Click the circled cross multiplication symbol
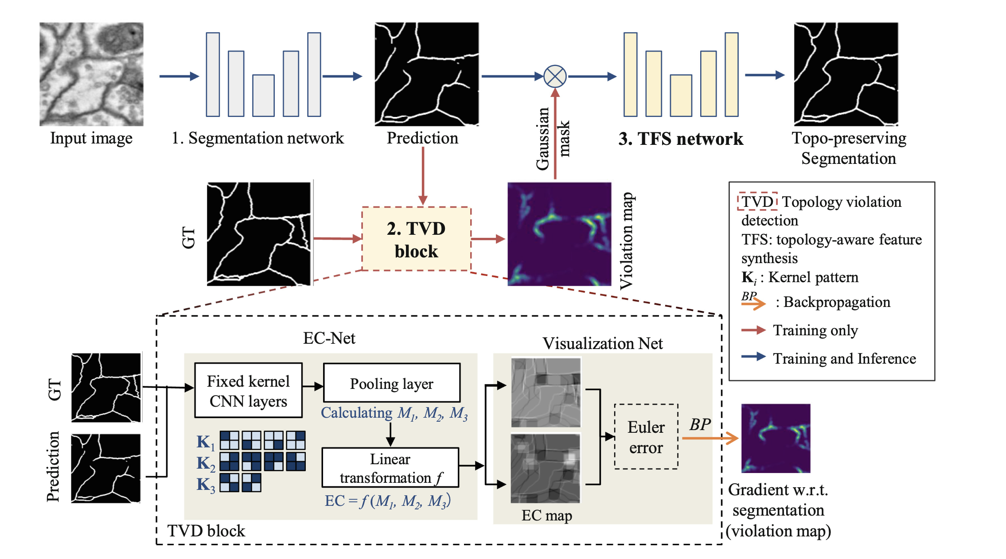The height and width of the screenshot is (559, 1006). pos(555,76)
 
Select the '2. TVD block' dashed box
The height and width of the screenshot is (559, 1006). pos(416,239)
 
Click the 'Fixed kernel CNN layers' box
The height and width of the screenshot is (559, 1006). pos(248,390)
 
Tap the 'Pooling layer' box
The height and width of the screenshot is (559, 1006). pos(392,383)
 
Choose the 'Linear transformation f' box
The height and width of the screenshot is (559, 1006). pos(390,468)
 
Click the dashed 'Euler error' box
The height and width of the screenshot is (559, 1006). pos(646,437)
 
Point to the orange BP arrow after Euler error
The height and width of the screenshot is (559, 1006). pos(709,438)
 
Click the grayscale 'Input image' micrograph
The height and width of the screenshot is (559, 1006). pos(91,74)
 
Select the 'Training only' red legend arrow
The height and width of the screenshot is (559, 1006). pos(753,330)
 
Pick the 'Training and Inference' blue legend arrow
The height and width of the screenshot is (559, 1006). pos(753,357)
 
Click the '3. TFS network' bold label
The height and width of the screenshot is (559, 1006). pos(680,139)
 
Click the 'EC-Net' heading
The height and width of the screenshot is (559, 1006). pos(329,338)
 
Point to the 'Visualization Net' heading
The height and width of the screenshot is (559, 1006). pos(602,344)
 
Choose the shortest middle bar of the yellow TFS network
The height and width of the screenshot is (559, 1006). pos(681,96)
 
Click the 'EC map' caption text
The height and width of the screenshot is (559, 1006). pos(546,516)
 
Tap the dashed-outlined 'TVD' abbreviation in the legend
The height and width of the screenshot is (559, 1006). pos(757,202)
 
